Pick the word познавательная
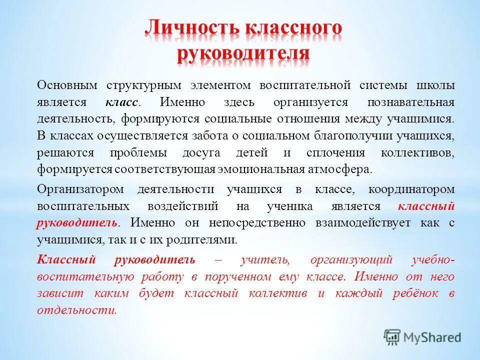410,102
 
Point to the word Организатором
77,189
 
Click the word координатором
411,189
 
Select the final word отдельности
76,310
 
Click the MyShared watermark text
432,337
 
